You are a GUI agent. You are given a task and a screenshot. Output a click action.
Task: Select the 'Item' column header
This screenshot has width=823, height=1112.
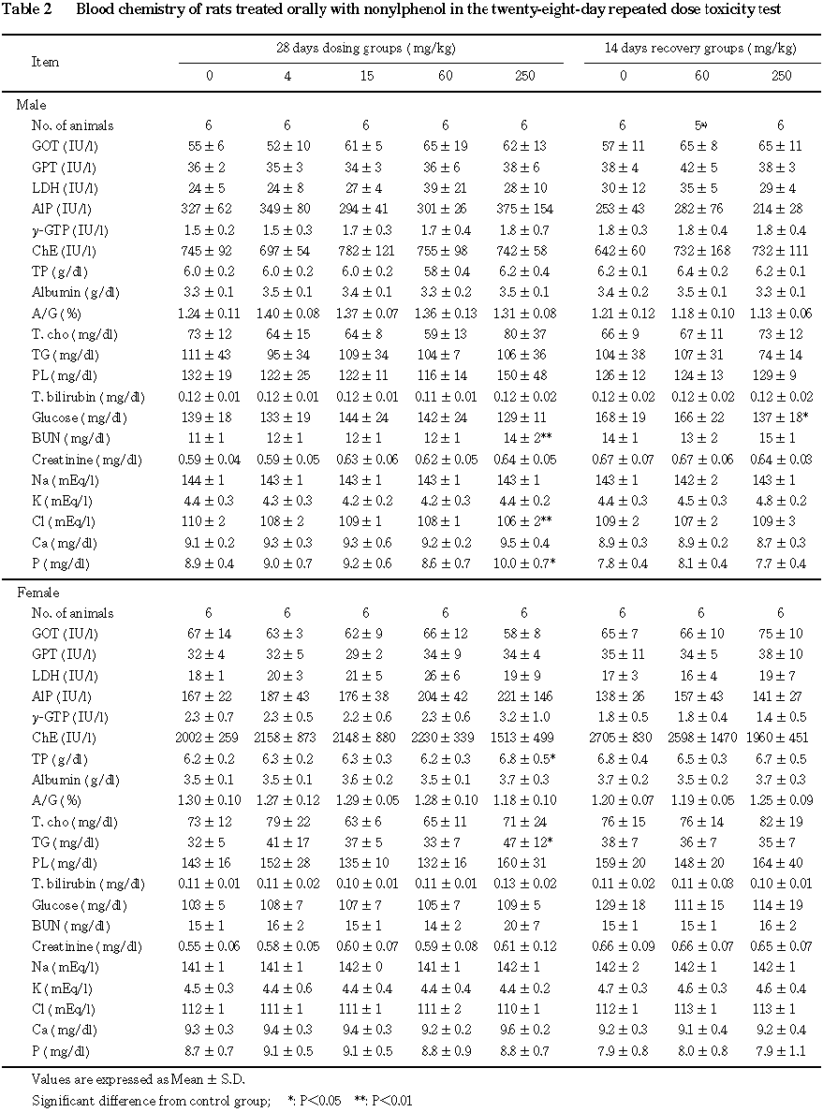[x=45, y=62]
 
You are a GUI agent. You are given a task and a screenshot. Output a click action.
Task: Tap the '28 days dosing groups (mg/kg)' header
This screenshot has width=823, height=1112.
[x=370, y=47]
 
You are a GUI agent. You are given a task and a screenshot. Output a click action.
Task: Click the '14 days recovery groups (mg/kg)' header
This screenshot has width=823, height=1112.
[x=699, y=47]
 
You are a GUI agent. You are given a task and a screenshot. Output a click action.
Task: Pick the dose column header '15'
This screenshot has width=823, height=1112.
[x=366, y=76]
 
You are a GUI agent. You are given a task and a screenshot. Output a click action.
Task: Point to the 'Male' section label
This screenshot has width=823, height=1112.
[x=31, y=105]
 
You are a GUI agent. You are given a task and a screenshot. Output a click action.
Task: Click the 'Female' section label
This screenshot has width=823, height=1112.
[x=37, y=593]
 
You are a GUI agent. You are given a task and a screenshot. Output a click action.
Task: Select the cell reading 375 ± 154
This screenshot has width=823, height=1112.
[x=524, y=209]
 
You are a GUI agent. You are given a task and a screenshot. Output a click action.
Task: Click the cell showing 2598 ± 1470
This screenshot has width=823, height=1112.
[x=701, y=738]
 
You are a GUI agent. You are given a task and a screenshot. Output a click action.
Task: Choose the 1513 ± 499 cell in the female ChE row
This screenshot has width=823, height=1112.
[x=524, y=738]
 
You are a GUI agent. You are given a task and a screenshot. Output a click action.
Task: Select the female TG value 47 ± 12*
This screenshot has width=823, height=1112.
[x=527, y=841]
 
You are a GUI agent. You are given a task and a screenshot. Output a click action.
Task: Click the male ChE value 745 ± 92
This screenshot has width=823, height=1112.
[x=209, y=251]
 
